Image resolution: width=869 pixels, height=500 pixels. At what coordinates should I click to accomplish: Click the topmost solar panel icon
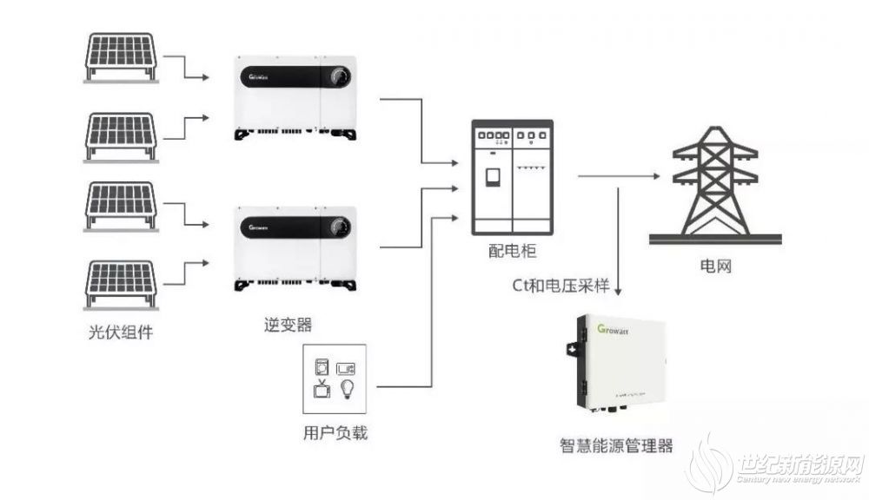tap(121, 57)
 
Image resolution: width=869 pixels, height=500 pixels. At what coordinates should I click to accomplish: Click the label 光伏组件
tap(121, 332)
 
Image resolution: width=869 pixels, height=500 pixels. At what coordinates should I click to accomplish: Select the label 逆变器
tap(289, 325)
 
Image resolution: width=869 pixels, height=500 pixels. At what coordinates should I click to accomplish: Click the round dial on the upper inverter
tap(339, 76)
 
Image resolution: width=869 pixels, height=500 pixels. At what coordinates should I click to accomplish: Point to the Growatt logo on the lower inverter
tap(258, 227)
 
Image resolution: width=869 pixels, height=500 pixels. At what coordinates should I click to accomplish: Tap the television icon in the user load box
tap(322, 389)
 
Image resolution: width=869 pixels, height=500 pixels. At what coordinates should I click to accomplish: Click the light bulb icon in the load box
tap(347, 389)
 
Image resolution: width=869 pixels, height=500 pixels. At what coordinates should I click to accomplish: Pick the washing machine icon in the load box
tap(322, 367)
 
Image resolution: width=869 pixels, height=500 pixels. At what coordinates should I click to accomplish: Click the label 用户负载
tap(335, 432)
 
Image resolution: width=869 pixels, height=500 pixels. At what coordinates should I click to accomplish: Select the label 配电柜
tap(512, 251)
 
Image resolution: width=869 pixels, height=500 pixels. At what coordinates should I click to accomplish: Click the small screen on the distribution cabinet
tap(492, 176)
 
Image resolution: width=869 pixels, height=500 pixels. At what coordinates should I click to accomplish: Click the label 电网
tap(715, 266)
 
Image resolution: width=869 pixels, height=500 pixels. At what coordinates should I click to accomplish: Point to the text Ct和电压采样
tap(561, 286)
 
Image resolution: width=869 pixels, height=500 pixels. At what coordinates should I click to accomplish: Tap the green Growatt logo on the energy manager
tap(613, 330)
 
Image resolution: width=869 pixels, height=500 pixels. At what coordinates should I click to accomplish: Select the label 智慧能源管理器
tap(616, 445)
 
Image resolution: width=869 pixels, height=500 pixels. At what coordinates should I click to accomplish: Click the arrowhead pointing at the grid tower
tap(657, 176)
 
